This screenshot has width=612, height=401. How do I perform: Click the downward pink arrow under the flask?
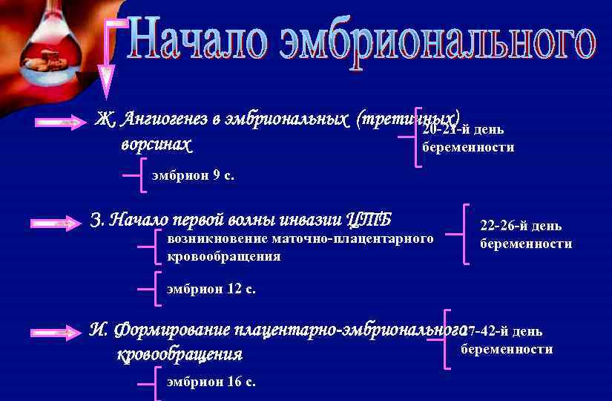pyautogui.click(x=108, y=74)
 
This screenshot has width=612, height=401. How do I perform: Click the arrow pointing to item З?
pyautogui.click(x=56, y=223)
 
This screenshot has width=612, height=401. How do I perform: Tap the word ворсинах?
pyautogui.click(x=156, y=143)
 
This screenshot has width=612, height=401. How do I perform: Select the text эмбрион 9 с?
pyautogui.click(x=193, y=177)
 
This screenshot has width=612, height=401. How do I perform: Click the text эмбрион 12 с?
pyautogui.click(x=211, y=290)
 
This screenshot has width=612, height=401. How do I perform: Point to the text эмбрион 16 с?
pyautogui.click(x=211, y=382)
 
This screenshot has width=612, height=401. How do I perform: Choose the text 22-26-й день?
pyautogui.click(x=521, y=226)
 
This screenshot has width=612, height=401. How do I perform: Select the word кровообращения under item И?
pyautogui.click(x=180, y=355)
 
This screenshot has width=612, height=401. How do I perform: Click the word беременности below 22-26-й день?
pyautogui.click(x=526, y=244)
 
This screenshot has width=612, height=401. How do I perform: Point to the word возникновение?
pyautogui.click(x=206, y=240)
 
